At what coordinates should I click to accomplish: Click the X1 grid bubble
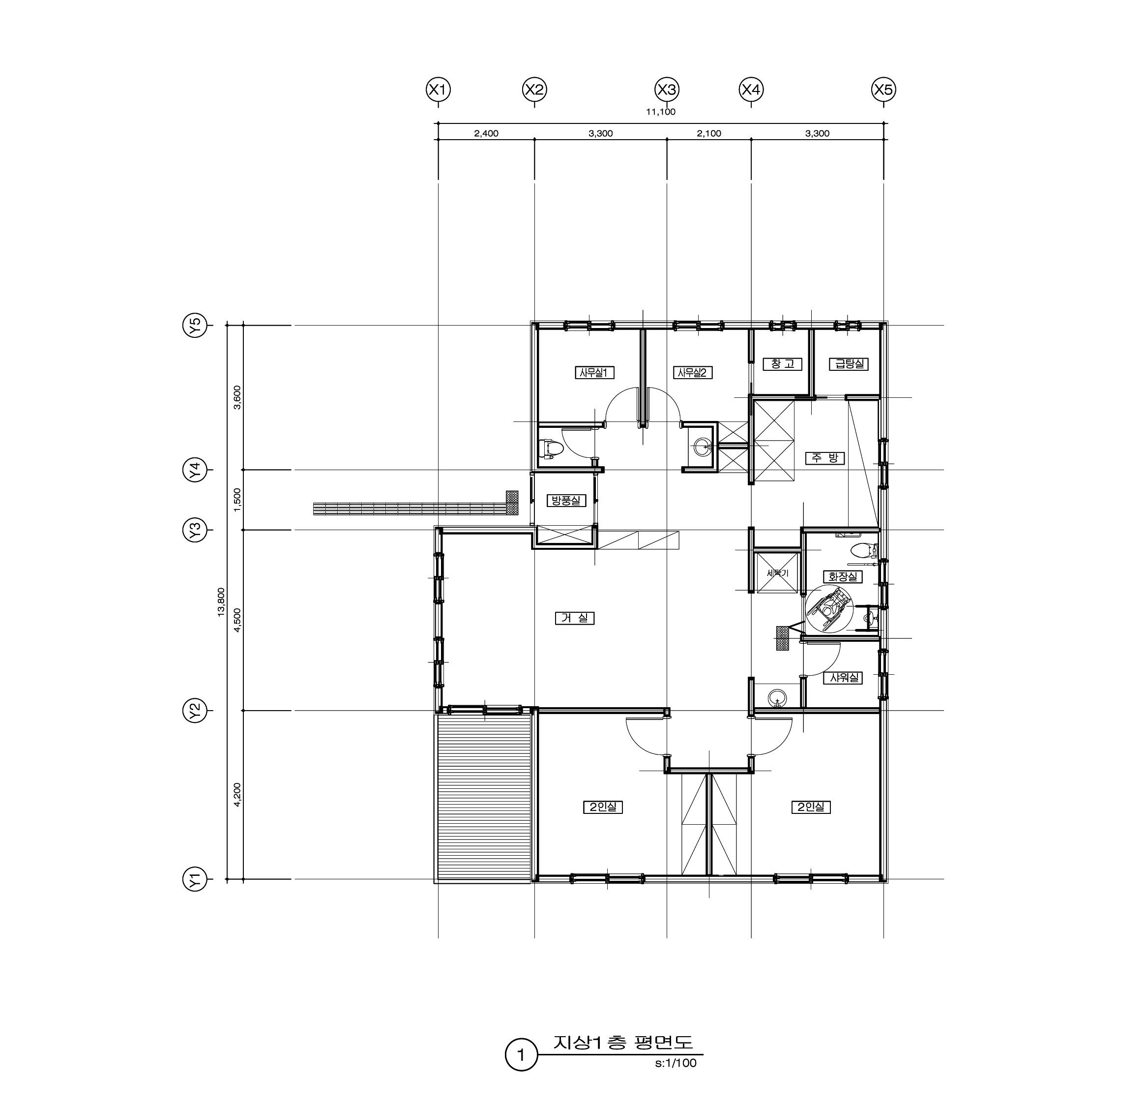pyautogui.click(x=439, y=90)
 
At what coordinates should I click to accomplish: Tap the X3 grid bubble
pyautogui.click(x=667, y=90)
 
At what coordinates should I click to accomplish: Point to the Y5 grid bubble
pyautogui.click(x=195, y=325)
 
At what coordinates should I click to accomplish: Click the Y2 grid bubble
pyautogui.click(x=195, y=711)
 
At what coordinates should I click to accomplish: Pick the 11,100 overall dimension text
pyautogui.click(x=661, y=112)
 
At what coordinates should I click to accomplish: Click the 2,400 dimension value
pyautogui.click(x=486, y=133)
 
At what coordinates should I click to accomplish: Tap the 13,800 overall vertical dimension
pyautogui.click(x=221, y=602)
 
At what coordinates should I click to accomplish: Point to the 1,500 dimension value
pyautogui.click(x=237, y=500)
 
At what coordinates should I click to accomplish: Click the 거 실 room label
pyautogui.click(x=575, y=618)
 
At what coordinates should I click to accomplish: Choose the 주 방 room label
pyautogui.click(x=825, y=458)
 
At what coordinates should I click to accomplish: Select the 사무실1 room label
pyautogui.click(x=594, y=372)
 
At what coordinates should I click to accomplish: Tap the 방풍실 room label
pyautogui.click(x=566, y=501)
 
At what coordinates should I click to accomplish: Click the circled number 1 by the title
pyautogui.click(x=521, y=1055)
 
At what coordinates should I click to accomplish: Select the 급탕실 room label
pyautogui.click(x=849, y=364)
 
